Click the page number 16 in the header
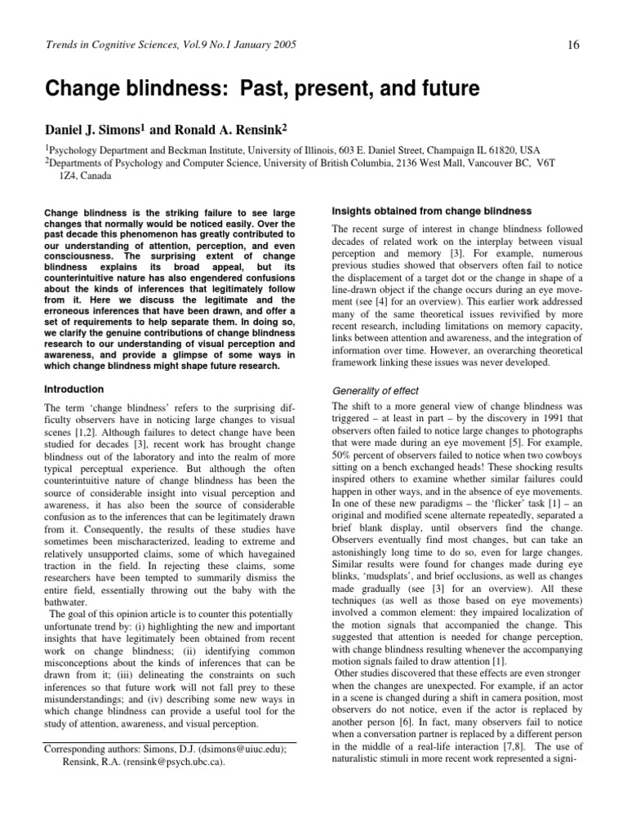[573, 44]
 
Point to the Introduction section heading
[74, 389]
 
